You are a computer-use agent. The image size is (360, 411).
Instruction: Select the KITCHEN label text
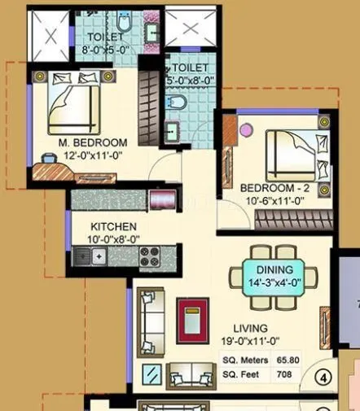coord(113,226)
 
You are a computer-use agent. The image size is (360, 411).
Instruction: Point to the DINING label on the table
coord(274,269)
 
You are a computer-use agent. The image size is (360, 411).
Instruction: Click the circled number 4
coord(323,377)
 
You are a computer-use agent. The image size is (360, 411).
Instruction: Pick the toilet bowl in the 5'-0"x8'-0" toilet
coord(176,103)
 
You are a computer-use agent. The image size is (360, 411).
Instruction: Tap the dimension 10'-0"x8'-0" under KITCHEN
coord(113,239)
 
